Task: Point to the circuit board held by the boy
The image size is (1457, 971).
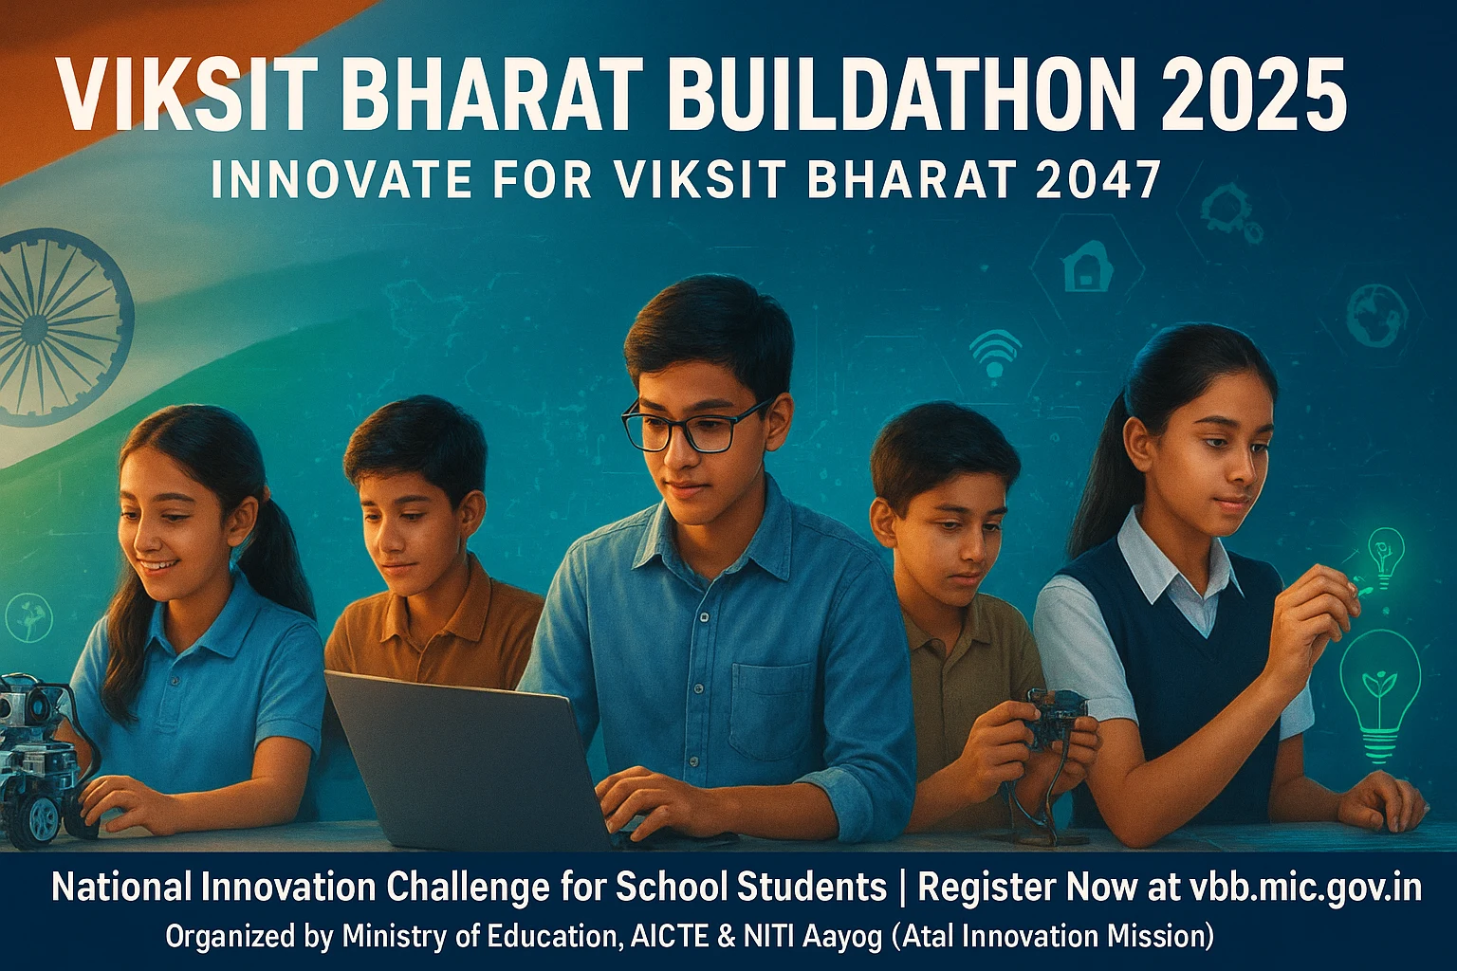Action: click(1057, 719)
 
